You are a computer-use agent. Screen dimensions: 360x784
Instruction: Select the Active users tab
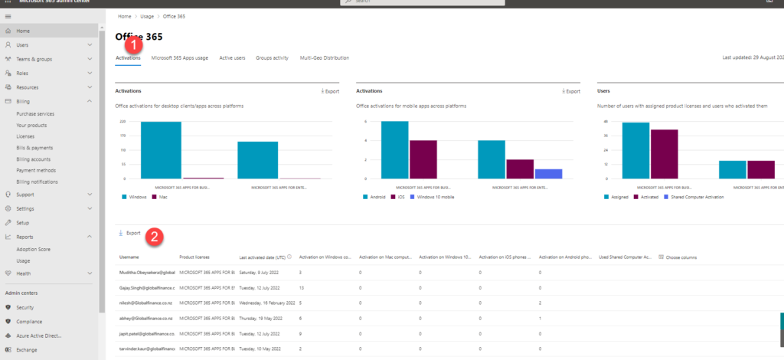pyautogui.click(x=232, y=57)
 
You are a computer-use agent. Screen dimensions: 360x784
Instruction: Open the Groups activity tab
pyautogui.click(x=273, y=57)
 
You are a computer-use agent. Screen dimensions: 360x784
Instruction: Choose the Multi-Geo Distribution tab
pyautogui.click(x=325, y=57)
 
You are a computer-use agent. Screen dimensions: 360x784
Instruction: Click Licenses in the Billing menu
pyautogui.click(x=25, y=136)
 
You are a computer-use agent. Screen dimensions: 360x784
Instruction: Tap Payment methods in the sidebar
pyautogui.click(x=36, y=170)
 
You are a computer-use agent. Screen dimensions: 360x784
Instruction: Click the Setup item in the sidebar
pyautogui.click(x=23, y=222)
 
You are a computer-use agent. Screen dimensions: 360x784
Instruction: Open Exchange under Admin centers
pyautogui.click(x=27, y=349)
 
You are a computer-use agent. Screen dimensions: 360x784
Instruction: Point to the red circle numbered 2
pyautogui.click(x=155, y=237)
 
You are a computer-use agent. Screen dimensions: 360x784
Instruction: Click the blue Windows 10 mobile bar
pyautogui.click(x=548, y=174)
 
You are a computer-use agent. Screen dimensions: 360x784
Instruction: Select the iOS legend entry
pyautogui.click(x=398, y=197)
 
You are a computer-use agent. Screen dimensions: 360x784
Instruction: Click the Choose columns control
pyautogui.click(x=677, y=257)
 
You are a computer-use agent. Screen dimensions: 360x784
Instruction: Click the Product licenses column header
pyautogui.click(x=194, y=257)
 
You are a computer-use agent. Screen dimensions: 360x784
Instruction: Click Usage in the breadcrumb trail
pyautogui.click(x=146, y=16)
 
